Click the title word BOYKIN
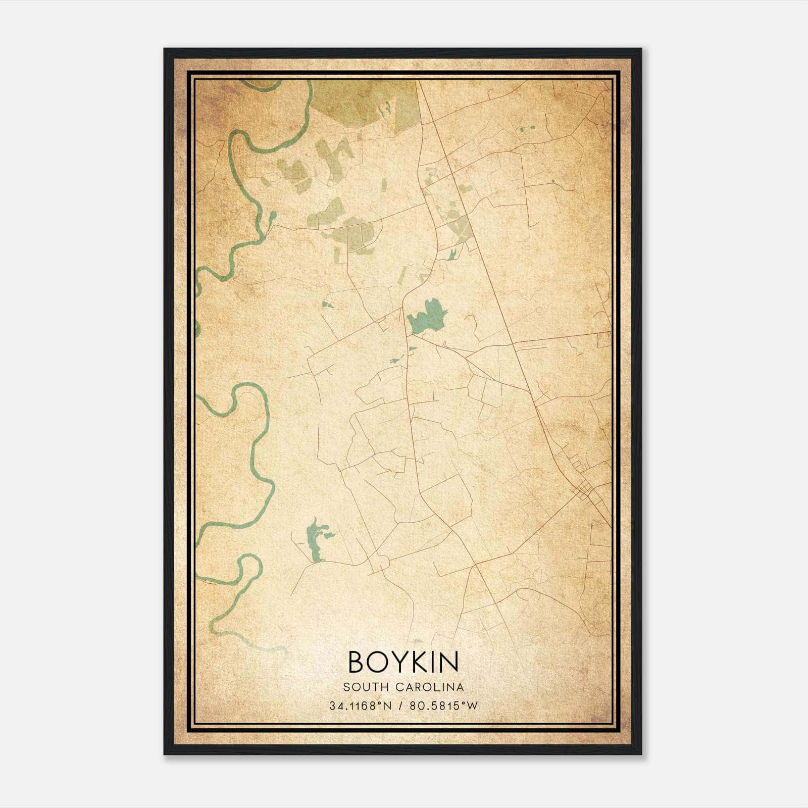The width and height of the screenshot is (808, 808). [x=403, y=662]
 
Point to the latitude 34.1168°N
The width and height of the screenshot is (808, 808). [x=361, y=706]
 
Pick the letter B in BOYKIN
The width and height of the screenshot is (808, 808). [x=357, y=662]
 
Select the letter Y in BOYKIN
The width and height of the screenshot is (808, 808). [x=399, y=662]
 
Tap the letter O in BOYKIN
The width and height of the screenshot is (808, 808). [x=377, y=662]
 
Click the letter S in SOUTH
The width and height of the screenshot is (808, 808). [x=346, y=687]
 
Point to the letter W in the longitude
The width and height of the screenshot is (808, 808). [x=472, y=706]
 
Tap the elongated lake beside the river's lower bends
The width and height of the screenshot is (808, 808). [x=315, y=540]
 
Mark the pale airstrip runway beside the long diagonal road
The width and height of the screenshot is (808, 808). [x=533, y=347]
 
